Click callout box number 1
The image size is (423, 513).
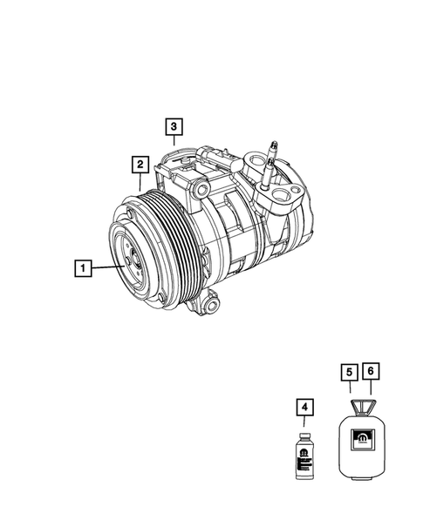[x=82, y=269]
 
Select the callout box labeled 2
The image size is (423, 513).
[x=139, y=163]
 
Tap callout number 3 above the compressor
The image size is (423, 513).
[x=174, y=127]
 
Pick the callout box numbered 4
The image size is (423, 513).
[x=304, y=407]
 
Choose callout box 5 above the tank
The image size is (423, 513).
[x=347, y=372]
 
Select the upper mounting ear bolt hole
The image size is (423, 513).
[x=201, y=189]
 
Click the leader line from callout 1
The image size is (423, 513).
[x=105, y=269]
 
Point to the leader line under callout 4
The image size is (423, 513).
[x=304, y=422]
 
